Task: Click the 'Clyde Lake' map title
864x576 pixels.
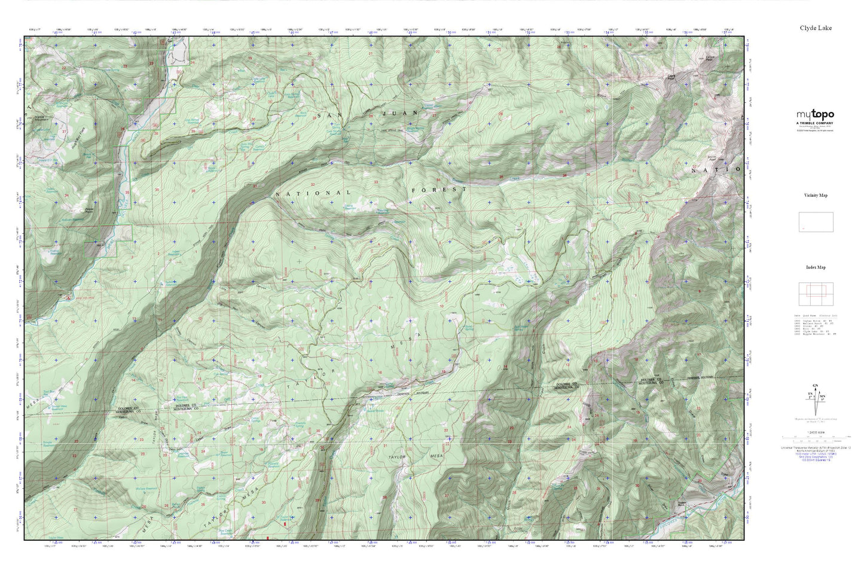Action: (816, 28)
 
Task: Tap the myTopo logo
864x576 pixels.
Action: (815, 115)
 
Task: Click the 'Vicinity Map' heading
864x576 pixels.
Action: (816, 196)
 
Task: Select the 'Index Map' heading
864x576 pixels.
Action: (816, 267)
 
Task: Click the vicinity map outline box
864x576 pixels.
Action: (816, 223)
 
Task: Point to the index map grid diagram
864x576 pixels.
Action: (816, 294)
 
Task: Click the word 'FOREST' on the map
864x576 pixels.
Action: (439, 190)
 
